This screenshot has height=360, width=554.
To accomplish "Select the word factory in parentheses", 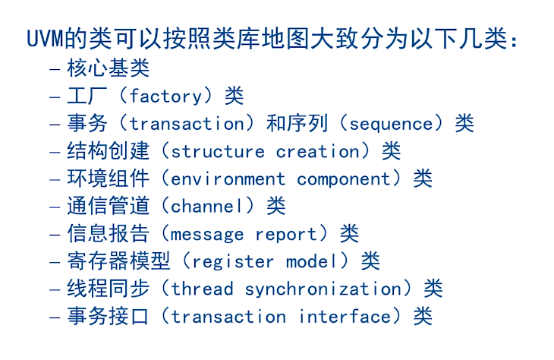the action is point(165,96).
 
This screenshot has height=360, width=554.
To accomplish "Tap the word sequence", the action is point(391,125).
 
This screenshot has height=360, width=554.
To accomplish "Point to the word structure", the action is point(218,152).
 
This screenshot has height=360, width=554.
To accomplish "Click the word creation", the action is point(318,151).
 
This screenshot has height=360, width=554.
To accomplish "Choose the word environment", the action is point(228,179).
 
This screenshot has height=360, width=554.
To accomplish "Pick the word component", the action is point(344,179).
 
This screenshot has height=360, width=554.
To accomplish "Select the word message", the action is point(207,235).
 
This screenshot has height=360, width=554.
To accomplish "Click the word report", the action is point(286,235).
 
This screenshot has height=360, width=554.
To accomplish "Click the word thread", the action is point(202,289).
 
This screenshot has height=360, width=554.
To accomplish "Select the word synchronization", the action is point(323,289).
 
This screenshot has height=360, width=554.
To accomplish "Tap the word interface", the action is point(345,316).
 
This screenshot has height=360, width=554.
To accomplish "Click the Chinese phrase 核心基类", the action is point(109,68).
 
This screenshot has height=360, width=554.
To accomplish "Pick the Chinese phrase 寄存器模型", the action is point(118,261).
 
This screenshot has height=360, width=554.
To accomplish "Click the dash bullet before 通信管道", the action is point(55,207).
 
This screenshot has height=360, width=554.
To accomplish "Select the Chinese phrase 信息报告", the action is point(109,233).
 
